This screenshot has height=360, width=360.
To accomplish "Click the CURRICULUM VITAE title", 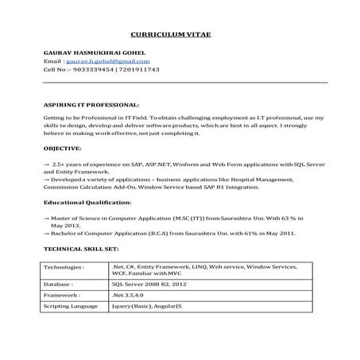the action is [176, 34].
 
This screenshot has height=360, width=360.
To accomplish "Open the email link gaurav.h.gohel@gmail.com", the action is [106, 60].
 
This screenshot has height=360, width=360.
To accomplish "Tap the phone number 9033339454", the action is [94, 69].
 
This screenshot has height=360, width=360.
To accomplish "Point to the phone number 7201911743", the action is [139, 69].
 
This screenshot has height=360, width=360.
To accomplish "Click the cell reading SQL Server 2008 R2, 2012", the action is [150, 282].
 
